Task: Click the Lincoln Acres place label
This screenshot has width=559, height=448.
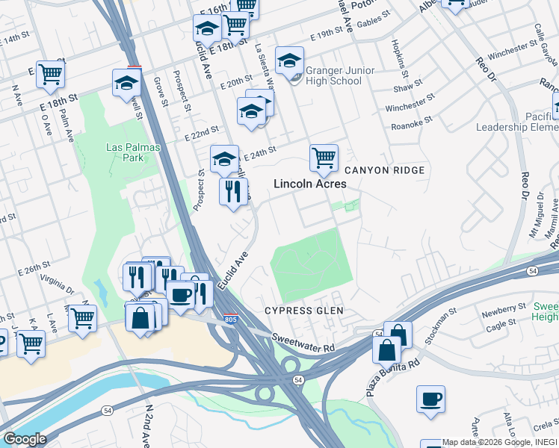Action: click(309, 184)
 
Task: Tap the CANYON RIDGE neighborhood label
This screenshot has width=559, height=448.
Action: click(384, 170)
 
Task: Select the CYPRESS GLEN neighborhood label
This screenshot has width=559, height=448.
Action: click(298, 310)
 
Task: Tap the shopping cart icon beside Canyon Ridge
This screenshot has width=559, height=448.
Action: click(324, 158)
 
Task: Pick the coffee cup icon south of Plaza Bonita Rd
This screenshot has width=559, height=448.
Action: click(430, 399)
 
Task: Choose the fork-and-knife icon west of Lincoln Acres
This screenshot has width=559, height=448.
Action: click(233, 191)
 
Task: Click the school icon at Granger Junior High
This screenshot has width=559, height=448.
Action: click(289, 60)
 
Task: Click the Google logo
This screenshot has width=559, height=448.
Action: click(25, 439)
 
